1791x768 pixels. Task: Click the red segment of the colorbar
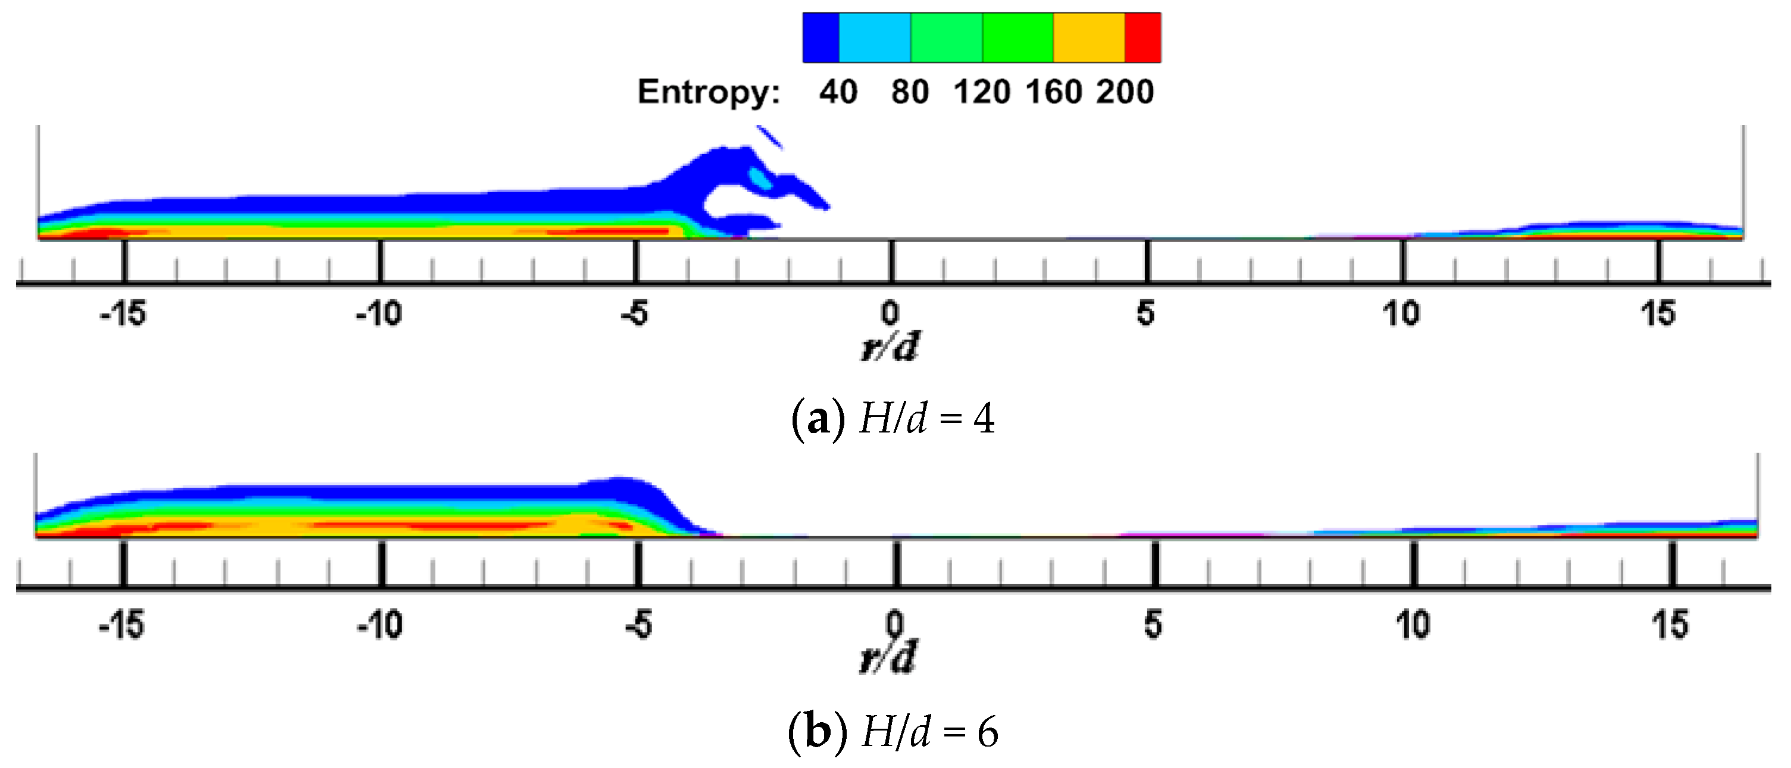[x=1142, y=37]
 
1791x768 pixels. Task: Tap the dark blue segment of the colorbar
[x=821, y=37]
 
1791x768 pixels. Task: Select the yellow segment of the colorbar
[x=1089, y=37]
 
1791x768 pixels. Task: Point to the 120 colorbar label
[x=981, y=92]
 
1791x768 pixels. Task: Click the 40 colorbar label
[x=838, y=92]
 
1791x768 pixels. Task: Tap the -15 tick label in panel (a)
[x=123, y=314]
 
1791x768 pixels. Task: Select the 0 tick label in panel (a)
[x=890, y=314]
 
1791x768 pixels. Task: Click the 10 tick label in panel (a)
[x=1401, y=314]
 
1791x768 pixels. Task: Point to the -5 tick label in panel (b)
[x=638, y=625]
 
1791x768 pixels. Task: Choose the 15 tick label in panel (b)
[x=1670, y=625]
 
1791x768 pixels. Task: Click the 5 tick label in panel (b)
[x=1153, y=625]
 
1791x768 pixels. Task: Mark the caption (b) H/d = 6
[x=893, y=732]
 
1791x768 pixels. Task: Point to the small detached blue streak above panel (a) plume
[x=770, y=137]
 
